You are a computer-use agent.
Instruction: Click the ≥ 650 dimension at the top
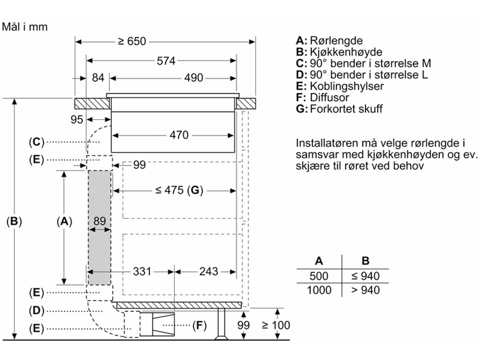[x=132, y=41]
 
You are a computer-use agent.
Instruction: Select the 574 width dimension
[x=166, y=61]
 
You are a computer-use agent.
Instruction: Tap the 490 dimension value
[x=194, y=78]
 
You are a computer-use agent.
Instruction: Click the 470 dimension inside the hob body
[x=179, y=135]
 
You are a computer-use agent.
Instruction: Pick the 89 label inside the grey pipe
[x=99, y=221]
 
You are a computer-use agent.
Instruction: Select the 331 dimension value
[x=142, y=272]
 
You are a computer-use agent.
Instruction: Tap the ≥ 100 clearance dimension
[x=276, y=325]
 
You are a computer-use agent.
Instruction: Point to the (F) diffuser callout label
[x=199, y=326]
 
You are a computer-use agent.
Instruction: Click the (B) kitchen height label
[x=14, y=221]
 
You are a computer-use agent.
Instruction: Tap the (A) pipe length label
[x=64, y=221]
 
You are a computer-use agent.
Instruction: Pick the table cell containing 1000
[x=319, y=290]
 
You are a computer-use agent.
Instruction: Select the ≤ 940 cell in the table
[x=365, y=276]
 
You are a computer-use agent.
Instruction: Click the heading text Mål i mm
[x=25, y=27]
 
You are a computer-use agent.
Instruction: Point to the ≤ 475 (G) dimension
[x=179, y=191]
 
